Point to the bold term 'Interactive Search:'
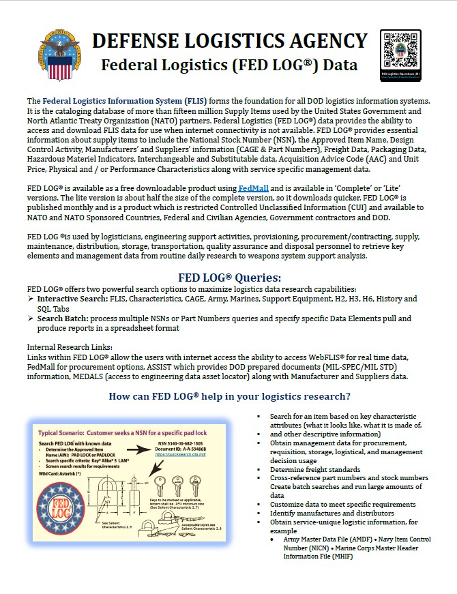coord(71,299)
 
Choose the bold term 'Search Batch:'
coord(61,318)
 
